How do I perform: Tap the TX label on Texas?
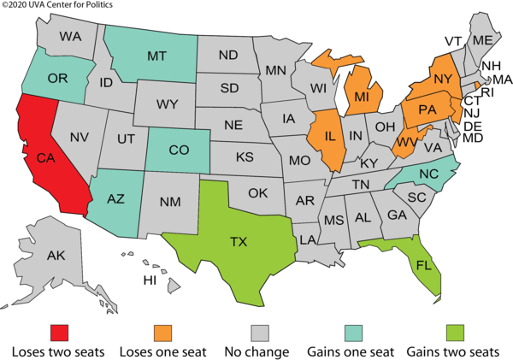coord(239,241)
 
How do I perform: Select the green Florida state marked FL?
coord(422,264)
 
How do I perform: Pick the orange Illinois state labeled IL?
coord(326,134)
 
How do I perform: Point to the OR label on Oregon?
coord(58,79)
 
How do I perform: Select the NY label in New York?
coord(442,77)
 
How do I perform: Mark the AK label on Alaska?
coord(56,256)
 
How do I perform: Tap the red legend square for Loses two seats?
coord(58,328)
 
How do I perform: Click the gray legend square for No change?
coord(258,328)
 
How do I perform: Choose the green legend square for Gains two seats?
coord(455,328)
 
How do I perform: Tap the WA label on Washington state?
coord(70,37)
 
